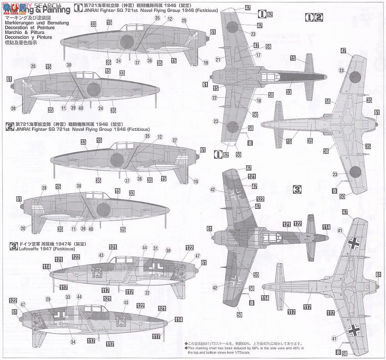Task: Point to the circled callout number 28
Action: [x=33, y=188]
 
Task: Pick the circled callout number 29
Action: [x=48, y=299]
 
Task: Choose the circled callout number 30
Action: [x=168, y=251]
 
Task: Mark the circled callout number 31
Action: [x=156, y=248]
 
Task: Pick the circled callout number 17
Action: [x=258, y=55]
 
